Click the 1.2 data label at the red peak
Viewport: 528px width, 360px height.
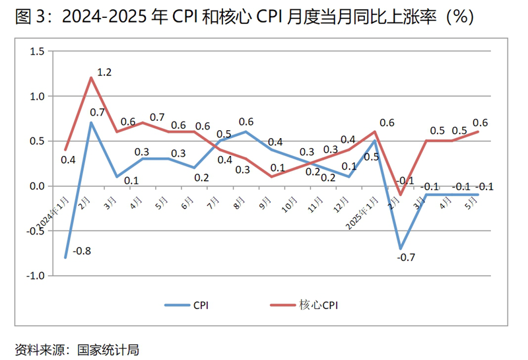click(x=105, y=71)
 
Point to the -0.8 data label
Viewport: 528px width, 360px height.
click(x=82, y=250)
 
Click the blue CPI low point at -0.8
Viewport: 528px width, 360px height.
click(x=65, y=258)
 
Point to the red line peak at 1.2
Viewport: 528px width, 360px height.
click(x=91, y=78)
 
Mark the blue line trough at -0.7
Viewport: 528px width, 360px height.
click(x=400, y=248)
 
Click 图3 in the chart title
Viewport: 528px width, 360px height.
click(x=30, y=17)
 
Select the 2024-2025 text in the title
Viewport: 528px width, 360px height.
click(x=98, y=17)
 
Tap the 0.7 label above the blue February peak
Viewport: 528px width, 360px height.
click(x=98, y=112)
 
